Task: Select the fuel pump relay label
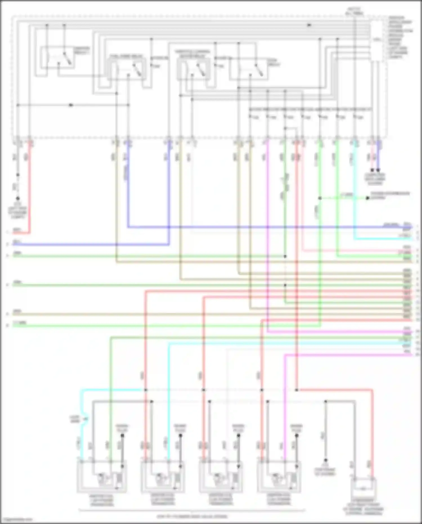click(x=126, y=56)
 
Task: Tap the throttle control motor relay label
click(x=192, y=54)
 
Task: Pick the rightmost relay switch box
click(x=249, y=70)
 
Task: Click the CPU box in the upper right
click(x=377, y=40)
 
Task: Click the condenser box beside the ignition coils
click(x=363, y=489)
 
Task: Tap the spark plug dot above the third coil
click(x=239, y=436)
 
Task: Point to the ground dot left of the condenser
click(x=325, y=460)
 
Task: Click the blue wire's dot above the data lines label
click(x=378, y=170)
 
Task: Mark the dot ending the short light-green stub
click(x=367, y=198)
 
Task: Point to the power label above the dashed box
click(x=355, y=11)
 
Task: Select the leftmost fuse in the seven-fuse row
click(x=250, y=117)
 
